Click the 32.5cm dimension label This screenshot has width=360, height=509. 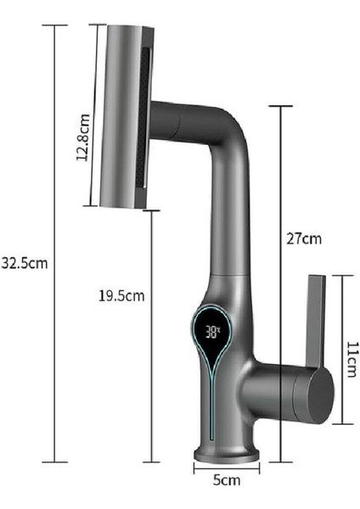point(24,262)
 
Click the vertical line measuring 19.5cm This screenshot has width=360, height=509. point(151,335)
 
